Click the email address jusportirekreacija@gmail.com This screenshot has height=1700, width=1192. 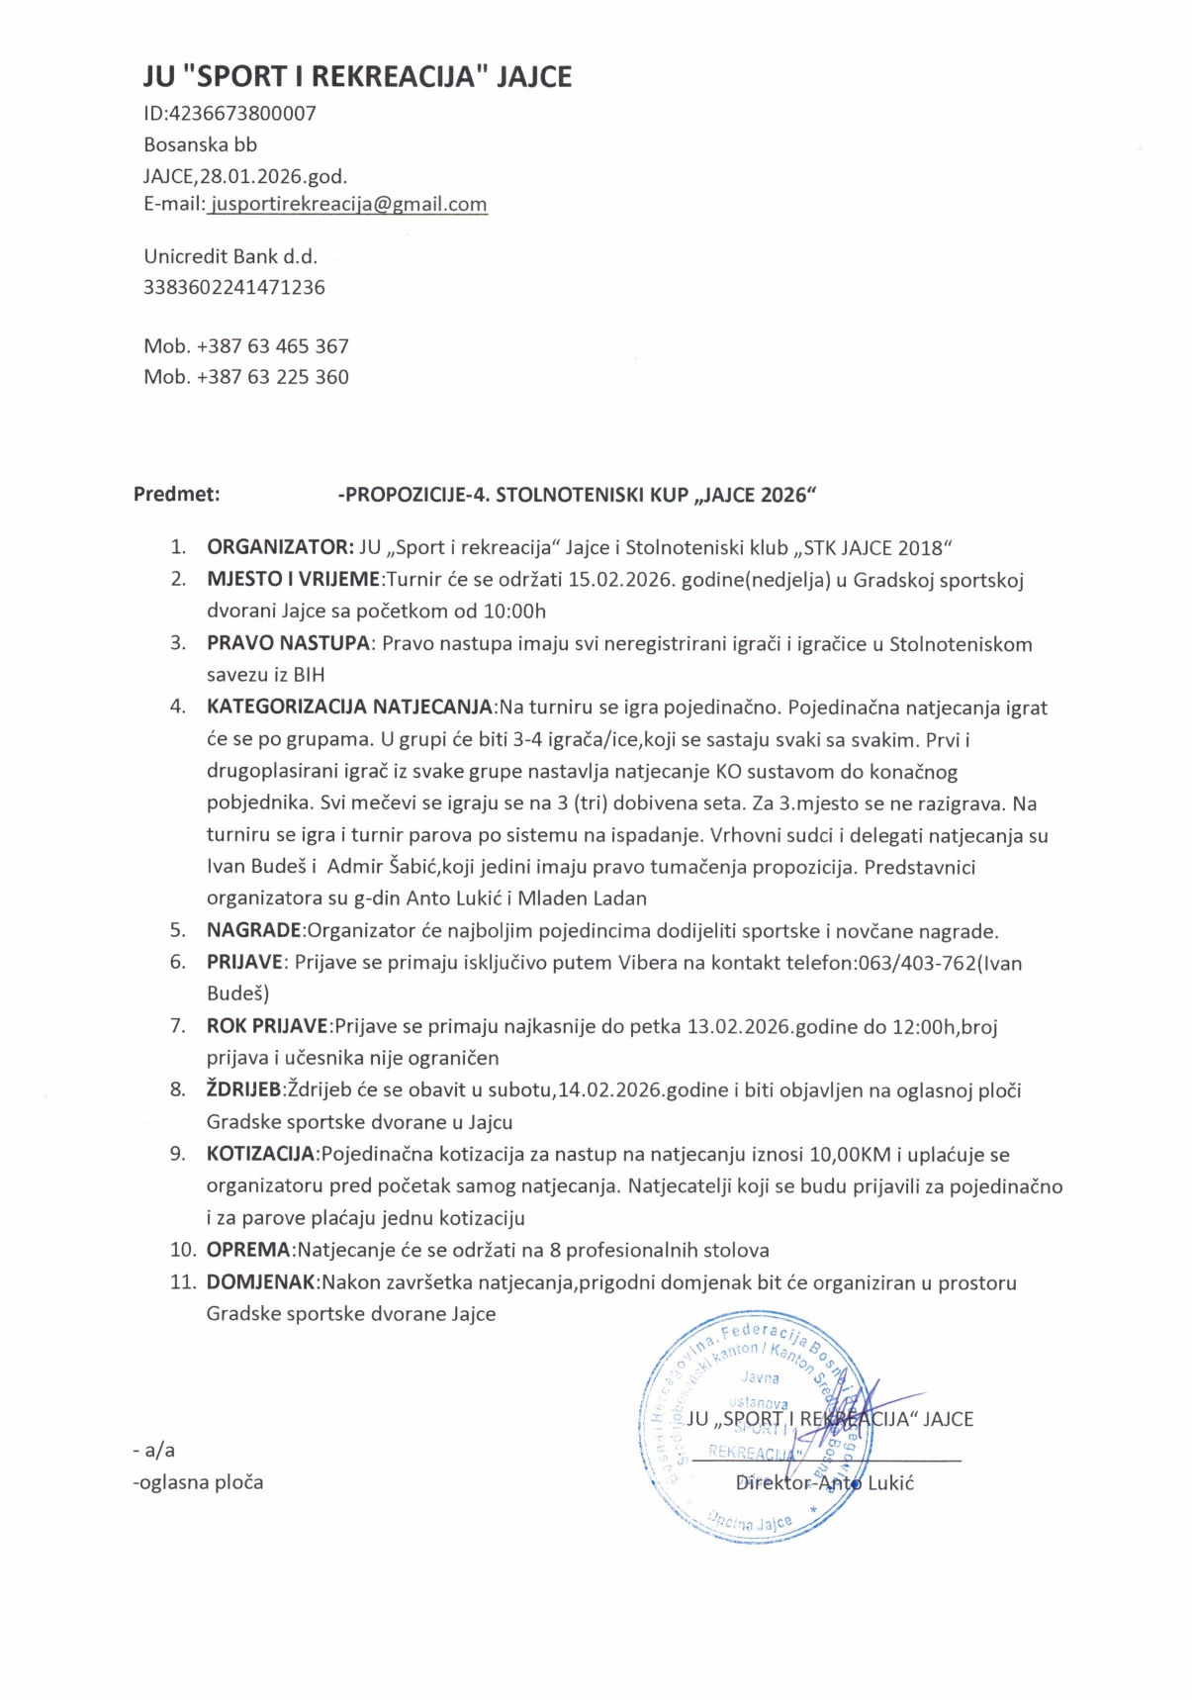click(348, 205)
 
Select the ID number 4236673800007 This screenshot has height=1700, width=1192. click(243, 113)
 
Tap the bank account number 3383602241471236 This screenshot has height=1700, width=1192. click(234, 287)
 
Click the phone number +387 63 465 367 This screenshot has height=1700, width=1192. click(272, 346)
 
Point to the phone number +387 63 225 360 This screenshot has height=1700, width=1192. click(272, 377)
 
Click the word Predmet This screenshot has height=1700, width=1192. click(176, 495)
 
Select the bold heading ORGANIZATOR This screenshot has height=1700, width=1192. click(279, 547)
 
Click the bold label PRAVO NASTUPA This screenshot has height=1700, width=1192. click(288, 644)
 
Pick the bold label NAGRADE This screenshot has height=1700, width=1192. click(253, 930)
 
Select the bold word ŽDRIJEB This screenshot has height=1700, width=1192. click(243, 1090)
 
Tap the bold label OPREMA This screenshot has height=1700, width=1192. click(248, 1250)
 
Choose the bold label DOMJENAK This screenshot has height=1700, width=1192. click(261, 1282)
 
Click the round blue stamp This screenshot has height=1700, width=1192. click(756, 1427)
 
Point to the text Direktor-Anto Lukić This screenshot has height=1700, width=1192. click(825, 1482)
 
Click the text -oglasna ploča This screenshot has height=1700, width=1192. click(198, 1482)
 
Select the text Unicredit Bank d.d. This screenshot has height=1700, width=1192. click(230, 256)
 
